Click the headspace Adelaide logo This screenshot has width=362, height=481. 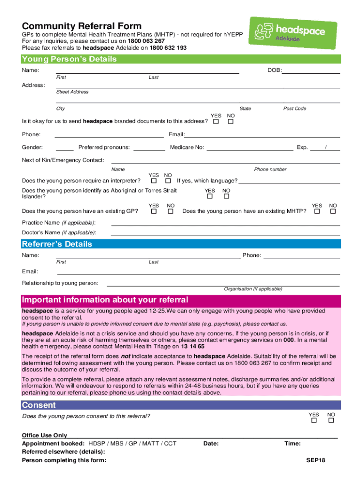(287, 32)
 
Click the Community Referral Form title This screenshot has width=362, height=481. (82, 26)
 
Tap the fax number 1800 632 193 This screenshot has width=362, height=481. (168, 48)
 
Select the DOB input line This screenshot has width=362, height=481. (311, 70)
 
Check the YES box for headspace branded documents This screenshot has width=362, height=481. (216, 122)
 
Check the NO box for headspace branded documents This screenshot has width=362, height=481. (230, 122)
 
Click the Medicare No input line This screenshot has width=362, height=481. (250, 147)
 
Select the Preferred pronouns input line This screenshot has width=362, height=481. (149, 147)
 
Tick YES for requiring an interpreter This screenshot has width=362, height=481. (154, 181)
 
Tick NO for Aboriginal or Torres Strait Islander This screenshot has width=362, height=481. (226, 196)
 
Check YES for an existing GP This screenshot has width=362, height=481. (154, 211)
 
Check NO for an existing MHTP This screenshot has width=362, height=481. (333, 211)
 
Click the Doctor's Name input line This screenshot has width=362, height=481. (225, 233)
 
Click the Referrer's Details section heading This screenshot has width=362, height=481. (57, 244)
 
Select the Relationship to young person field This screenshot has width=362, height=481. (223, 283)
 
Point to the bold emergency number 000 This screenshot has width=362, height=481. (288, 340)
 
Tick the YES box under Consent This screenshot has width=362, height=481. (314, 420)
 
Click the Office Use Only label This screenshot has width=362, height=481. (45, 435)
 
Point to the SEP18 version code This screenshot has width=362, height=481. (315, 460)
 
